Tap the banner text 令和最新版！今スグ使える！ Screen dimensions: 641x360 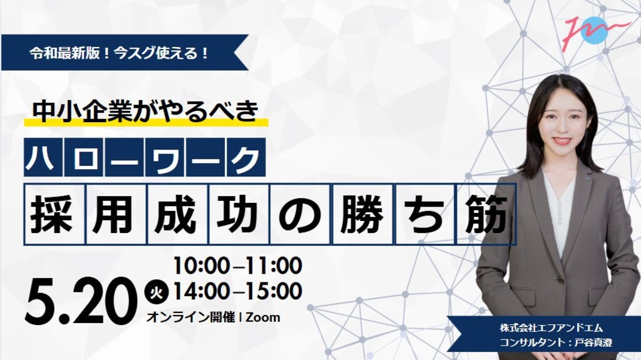click(x=120, y=53)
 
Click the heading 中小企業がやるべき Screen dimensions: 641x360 click(x=146, y=111)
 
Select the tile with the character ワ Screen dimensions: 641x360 click(x=165, y=158)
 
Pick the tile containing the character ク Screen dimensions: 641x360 click(x=245, y=158)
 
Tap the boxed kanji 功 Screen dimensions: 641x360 click(x=238, y=214)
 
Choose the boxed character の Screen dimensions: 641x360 click(x=300, y=214)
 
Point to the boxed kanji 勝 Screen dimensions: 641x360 click(x=362, y=214)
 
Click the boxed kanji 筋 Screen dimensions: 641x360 click(x=486, y=214)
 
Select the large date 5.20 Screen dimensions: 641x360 click(x=81, y=302)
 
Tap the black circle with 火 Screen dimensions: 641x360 click(x=156, y=293)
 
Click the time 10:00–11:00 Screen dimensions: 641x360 click(x=237, y=266)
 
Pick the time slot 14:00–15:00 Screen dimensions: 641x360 click(x=237, y=291)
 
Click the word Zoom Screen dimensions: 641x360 click(x=263, y=317)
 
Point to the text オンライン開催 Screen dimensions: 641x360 click(x=190, y=317)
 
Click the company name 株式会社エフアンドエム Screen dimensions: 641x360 click(x=551, y=328)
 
